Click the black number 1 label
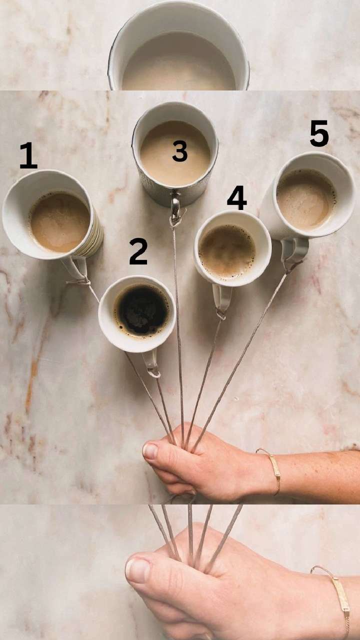pos(28,155)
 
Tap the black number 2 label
pos(138,251)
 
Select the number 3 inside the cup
pos(179,151)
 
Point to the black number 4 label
pos(237,197)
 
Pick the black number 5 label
pos(319,133)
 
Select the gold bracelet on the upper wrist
pos(273,468)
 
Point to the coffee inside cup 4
pos(227,252)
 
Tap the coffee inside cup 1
pos(59,222)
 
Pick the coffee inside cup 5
pos(306,199)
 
